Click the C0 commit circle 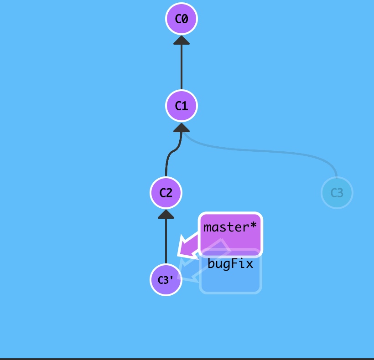click(x=181, y=19)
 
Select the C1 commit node click(x=181, y=106)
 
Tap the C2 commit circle click(x=166, y=193)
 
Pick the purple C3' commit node click(x=166, y=280)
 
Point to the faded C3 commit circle click(x=337, y=193)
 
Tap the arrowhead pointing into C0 click(x=181, y=40)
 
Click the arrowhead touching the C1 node click(x=181, y=127)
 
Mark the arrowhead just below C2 click(x=166, y=214)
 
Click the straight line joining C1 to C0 click(x=181, y=66)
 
